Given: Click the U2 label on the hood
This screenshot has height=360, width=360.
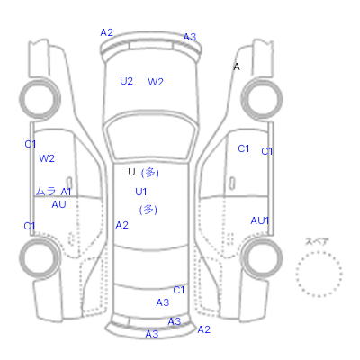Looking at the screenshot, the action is (x=126, y=81).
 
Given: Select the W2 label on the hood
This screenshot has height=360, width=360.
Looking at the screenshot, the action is (x=156, y=82).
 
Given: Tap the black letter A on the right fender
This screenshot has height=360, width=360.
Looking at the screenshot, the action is (x=237, y=67).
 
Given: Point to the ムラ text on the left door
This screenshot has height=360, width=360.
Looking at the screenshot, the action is (x=46, y=191).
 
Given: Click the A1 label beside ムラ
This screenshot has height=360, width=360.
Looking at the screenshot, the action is (x=66, y=192).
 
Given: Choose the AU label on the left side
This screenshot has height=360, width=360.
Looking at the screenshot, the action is (x=58, y=204).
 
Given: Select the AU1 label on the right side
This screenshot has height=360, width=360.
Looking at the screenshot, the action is (x=260, y=220).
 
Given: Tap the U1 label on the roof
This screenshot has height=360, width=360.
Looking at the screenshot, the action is (x=141, y=192).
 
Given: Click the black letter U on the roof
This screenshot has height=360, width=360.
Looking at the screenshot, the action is (x=131, y=172).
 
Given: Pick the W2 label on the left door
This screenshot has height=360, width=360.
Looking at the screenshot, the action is (x=47, y=158).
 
